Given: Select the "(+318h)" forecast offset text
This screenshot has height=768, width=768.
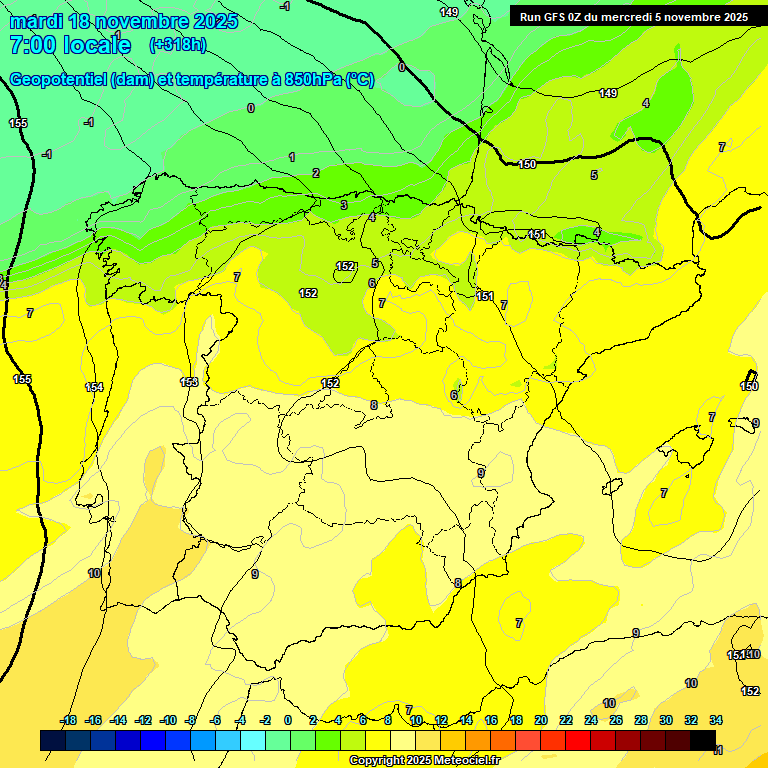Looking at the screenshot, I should tap(177, 45).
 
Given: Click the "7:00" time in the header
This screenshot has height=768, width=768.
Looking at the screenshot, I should tap(32, 45).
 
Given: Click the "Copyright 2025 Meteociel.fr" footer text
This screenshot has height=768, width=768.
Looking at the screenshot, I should tap(424, 760).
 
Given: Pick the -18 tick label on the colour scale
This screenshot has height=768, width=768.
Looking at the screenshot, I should tap(68, 720).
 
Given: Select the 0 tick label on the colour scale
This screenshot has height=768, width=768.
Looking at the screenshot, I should tap(288, 720).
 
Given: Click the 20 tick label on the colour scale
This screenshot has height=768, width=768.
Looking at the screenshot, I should tap(541, 720).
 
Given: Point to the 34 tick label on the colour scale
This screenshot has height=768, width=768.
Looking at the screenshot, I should tap(716, 720).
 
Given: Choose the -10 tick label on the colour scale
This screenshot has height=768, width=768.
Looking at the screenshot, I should tap(168, 720).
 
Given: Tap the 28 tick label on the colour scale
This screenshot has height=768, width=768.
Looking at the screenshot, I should tap(641, 720).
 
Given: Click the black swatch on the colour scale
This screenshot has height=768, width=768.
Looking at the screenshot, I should tap(703, 740).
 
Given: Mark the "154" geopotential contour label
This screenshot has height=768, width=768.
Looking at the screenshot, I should tap(94, 387).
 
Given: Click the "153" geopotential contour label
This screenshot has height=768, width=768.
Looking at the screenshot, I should tap(189, 382).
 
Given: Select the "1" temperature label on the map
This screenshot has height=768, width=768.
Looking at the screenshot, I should tap(292, 157).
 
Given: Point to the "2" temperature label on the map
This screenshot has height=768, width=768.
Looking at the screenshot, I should tap(316, 173).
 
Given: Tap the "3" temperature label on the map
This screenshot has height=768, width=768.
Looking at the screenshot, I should tap(343, 205).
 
